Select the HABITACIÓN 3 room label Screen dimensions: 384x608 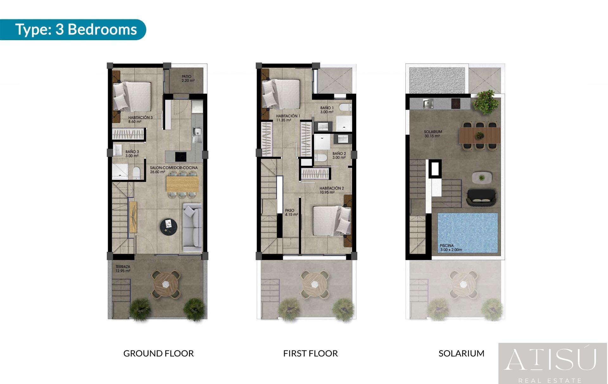tap(140, 119)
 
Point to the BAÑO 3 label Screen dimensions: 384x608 tap(132, 154)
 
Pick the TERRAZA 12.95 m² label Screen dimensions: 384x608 tap(123, 269)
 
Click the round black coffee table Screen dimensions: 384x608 tap(168, 227)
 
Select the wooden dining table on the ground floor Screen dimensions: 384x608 tap(182, 184)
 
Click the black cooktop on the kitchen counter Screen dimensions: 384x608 tap(181, 156)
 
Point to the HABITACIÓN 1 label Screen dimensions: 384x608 tap(288, 118)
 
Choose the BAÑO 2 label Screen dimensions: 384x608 tap(339, 156)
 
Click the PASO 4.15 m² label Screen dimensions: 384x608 tap(291, 212)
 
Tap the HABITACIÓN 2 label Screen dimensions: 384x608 tap(331, 190)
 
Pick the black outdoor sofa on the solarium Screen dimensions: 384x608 tap(481, 197)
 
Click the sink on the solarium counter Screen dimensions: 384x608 tap(428, 103)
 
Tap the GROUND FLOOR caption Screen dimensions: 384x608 tap(158, 353)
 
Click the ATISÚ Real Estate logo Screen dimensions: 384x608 tap(553, 363)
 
